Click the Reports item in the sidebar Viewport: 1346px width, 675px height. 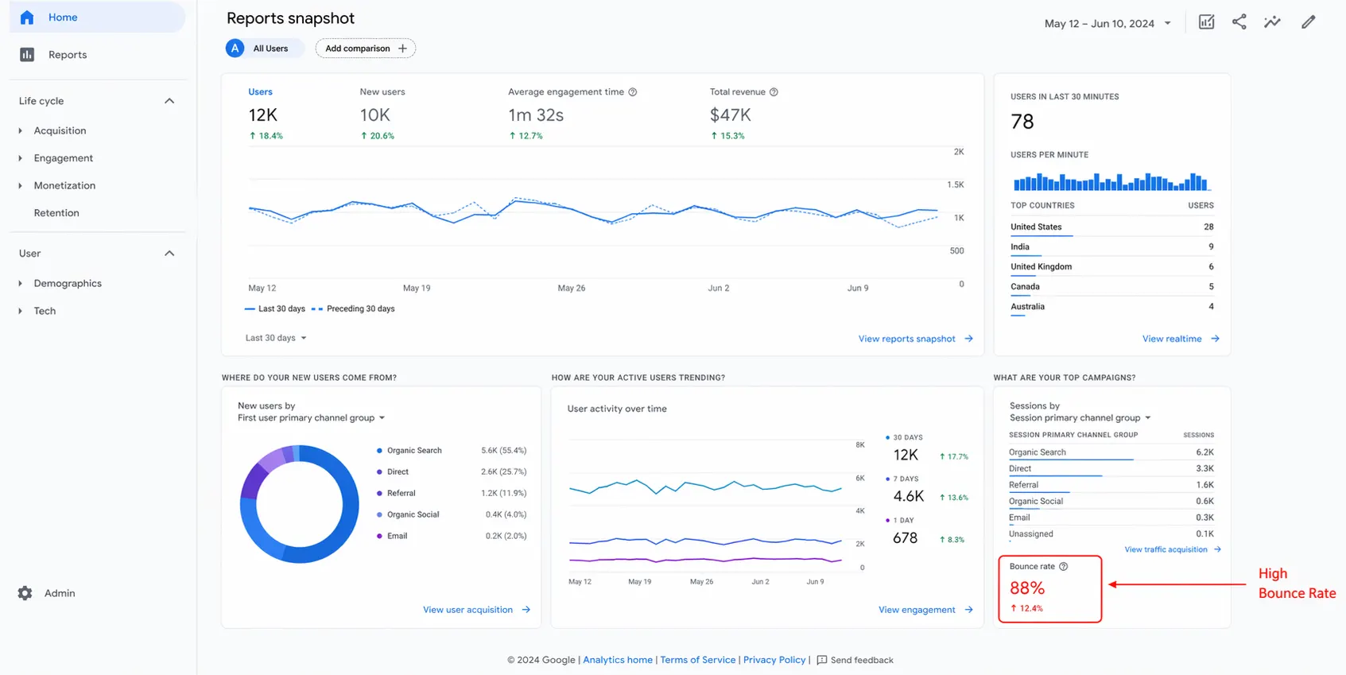point(67,55)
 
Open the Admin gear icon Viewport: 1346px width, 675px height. point(25,593)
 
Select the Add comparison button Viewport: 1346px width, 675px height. point(365,48)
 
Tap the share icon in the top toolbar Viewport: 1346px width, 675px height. point(1239,22)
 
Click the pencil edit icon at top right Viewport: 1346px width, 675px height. point(1308,22)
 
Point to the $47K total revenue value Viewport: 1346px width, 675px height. point(730,115)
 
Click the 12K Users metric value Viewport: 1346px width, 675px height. point(263,115)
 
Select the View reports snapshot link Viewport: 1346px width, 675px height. point(906,339)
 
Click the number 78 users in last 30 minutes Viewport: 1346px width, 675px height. point(1022,122)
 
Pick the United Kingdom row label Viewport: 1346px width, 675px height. point(1041,267)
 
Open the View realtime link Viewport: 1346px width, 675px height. point(1172,339)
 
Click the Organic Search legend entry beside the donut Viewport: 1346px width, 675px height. point(414,451)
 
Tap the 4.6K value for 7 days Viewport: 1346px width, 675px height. point(909,496)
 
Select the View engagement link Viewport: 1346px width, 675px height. point(917,610)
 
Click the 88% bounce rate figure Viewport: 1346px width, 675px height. point(1027,588)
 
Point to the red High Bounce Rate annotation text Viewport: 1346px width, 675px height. point(1296,584)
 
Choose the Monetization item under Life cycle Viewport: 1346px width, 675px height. point(64,185)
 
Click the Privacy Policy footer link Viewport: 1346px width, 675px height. point(774,660)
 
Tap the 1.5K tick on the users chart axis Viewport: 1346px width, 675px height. point(955,184)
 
